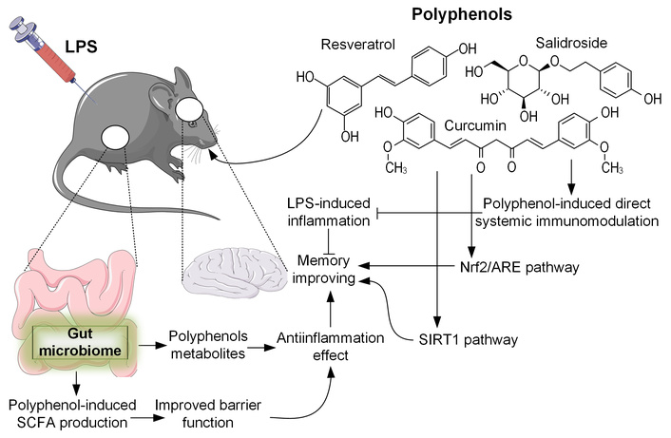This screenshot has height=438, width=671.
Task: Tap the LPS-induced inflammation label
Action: [327, 213]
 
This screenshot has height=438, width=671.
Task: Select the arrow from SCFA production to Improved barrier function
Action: [144, 416]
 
